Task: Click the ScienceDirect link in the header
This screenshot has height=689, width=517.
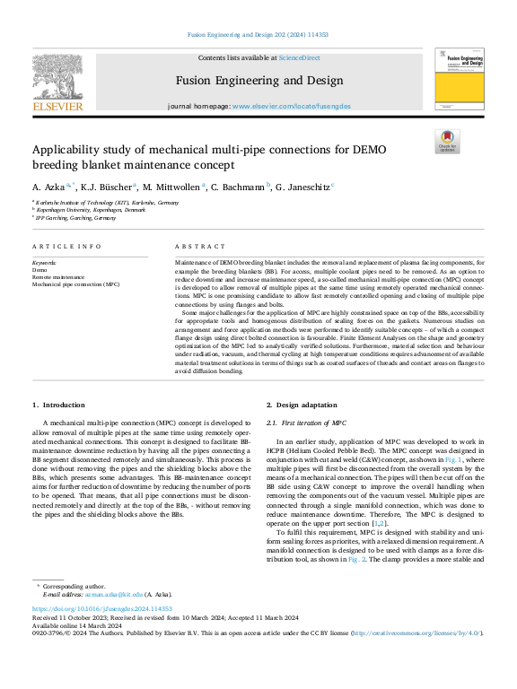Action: [299, 57]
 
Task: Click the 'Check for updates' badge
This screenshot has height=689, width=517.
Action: [447, 142]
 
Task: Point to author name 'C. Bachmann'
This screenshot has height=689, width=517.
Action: [241, 186]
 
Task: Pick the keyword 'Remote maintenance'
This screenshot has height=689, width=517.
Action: [59, 276]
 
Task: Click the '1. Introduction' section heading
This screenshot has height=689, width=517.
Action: [62, 406]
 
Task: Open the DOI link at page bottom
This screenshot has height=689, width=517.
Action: [98, 608]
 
